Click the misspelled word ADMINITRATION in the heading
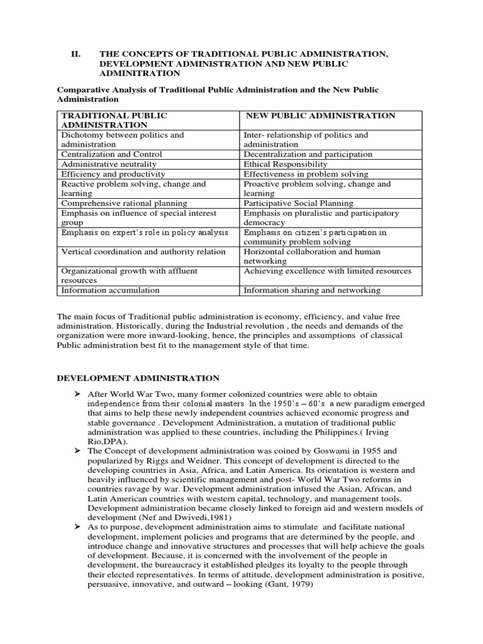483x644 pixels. click(144, 74)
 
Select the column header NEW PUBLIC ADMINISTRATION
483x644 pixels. click(320, 116)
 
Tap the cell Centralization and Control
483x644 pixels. click(111, 154)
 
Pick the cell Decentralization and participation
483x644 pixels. click(308, 154)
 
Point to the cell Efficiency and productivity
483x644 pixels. click(113, 174)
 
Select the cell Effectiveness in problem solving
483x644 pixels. click(306, 174)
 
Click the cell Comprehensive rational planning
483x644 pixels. click(124, 203)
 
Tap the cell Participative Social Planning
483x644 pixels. click(298, 203)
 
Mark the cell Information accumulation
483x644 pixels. click(110, 291)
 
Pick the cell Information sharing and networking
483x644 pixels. click(312, 291)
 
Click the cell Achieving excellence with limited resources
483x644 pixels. click(327, 271)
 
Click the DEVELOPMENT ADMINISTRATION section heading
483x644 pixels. click(138, 378)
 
